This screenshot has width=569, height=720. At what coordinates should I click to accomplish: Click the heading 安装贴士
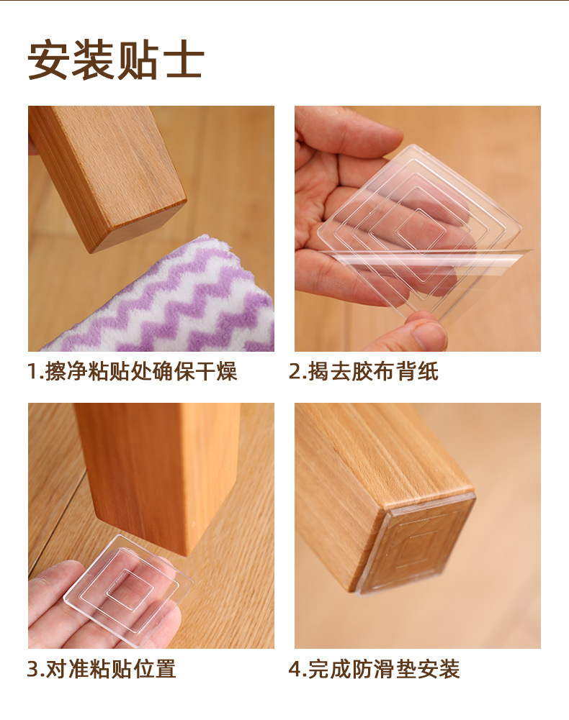point(115,60)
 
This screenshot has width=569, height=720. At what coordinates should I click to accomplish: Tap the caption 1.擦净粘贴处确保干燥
point(132,371)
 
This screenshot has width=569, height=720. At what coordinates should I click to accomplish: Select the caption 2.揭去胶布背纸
point(364,371)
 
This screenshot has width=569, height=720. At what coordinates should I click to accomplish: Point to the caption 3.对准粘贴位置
point(102,669)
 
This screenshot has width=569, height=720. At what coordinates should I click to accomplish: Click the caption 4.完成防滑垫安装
point(374,669)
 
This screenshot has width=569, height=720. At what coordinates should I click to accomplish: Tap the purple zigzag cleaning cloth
point(175,303)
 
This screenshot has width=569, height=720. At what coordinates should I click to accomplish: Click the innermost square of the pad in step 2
point(419,229)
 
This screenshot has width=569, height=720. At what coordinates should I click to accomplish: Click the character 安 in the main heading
point(48,60)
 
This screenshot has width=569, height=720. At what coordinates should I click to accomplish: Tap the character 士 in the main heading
point(183,60)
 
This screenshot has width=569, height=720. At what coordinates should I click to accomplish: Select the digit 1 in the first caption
point(32,371)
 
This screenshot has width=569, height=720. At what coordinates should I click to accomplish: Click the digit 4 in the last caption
point(295,669)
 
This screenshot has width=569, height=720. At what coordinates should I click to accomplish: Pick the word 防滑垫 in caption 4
point(384,669)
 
